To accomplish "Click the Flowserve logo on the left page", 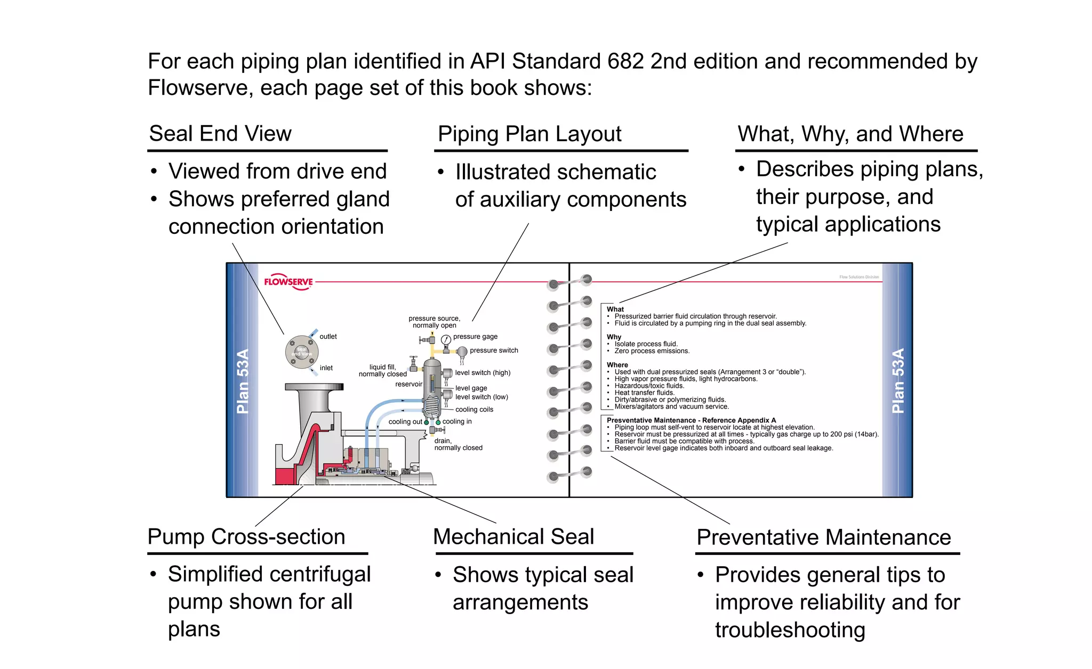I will (288, 282).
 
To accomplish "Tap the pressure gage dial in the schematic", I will (446, 340).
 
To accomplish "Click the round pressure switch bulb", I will (462, 351).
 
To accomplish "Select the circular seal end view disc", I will (302, 352).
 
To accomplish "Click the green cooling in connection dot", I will (438, 422).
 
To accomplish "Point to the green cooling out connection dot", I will (427, 422).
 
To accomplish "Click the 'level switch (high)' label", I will (483, 373).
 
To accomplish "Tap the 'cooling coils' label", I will (474, 410).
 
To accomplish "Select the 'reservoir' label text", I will (408, 384).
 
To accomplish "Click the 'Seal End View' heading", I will (220, 133).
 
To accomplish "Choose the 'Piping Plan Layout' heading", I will (529, 134).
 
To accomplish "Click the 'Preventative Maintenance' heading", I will (824, 537).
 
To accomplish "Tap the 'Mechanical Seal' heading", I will (513, 536).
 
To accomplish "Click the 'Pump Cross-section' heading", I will (246, 536).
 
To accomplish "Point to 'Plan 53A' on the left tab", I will (243, 381).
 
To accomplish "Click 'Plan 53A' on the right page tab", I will (898, 381).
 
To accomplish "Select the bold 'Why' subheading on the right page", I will (614, 337).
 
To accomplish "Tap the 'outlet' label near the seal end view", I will (328, 337).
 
